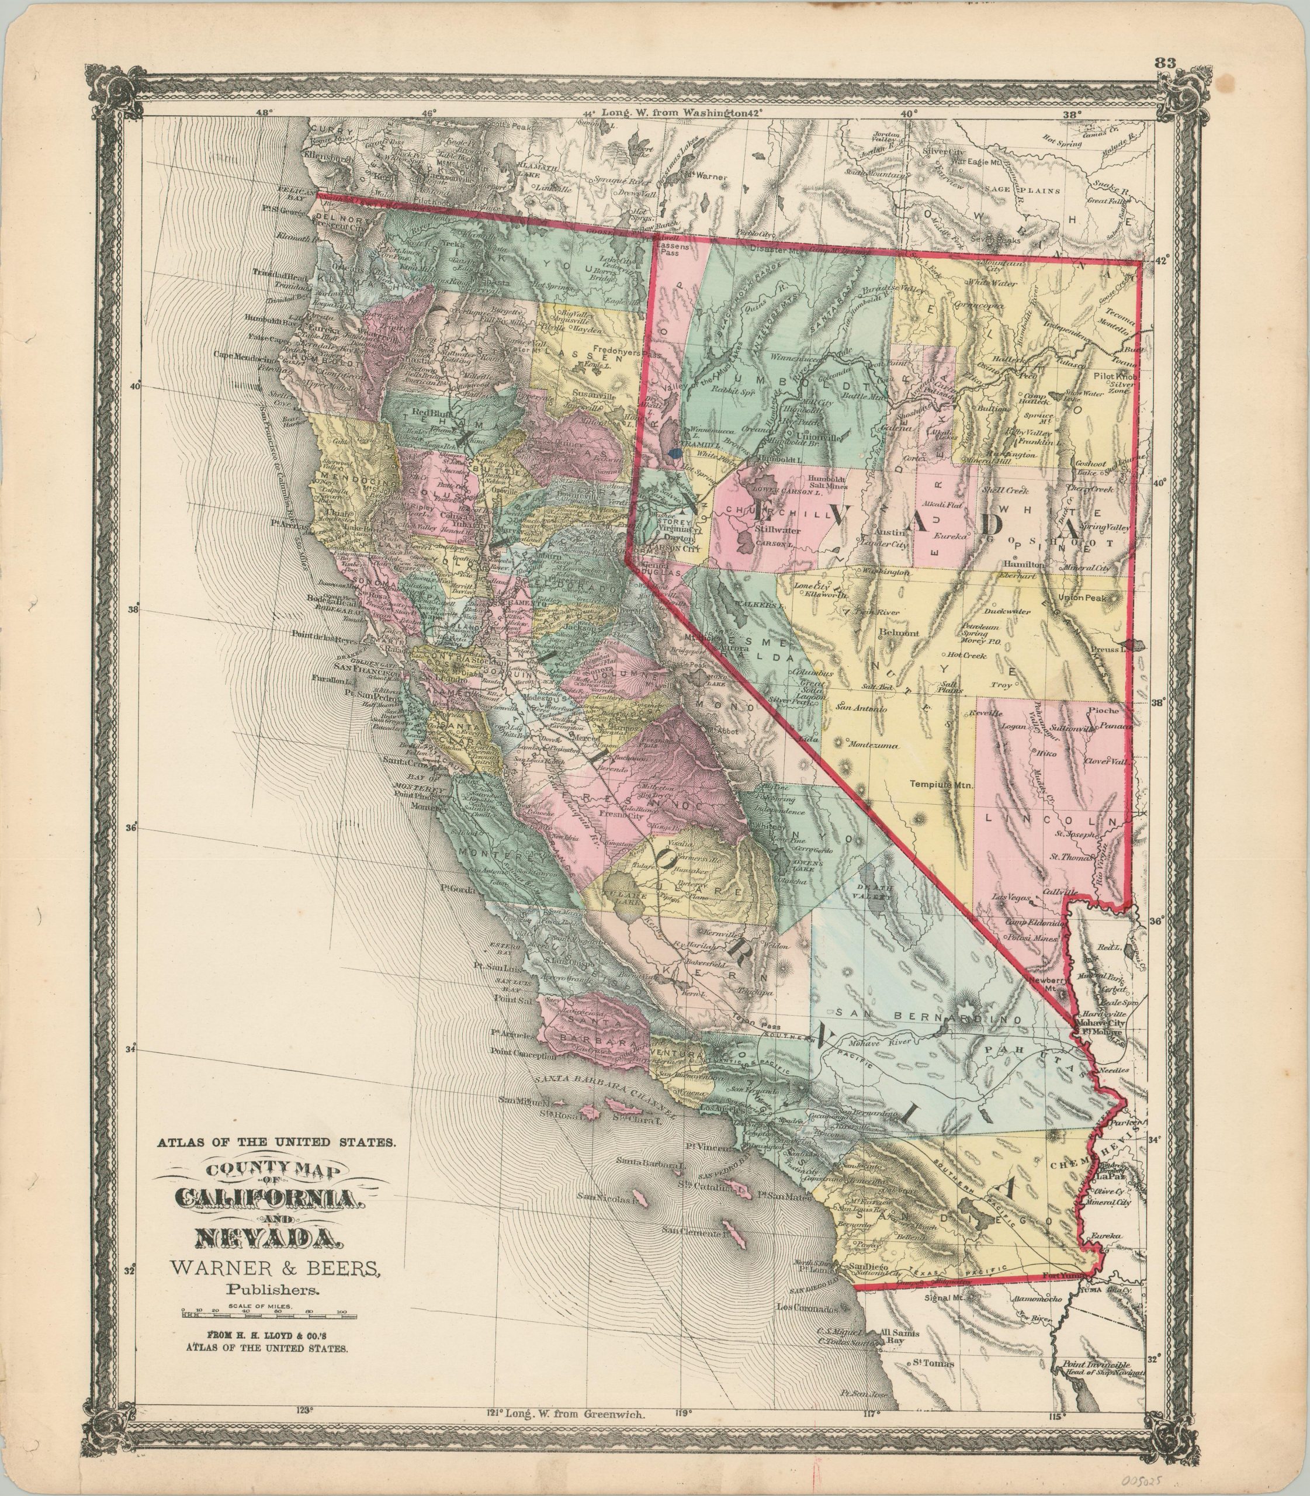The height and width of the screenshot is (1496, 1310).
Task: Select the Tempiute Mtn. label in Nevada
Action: (941, 785)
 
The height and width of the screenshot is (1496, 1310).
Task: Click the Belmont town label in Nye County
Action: (893, 633)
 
